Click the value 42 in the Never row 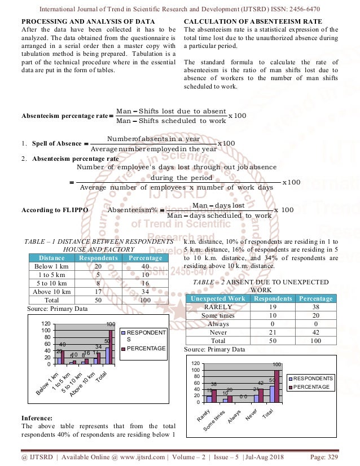[x=315, y=333]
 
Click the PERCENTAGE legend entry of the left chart [x=146, y=349]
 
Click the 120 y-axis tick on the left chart [x=46, y=324]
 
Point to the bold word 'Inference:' [x=45, y=417]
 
